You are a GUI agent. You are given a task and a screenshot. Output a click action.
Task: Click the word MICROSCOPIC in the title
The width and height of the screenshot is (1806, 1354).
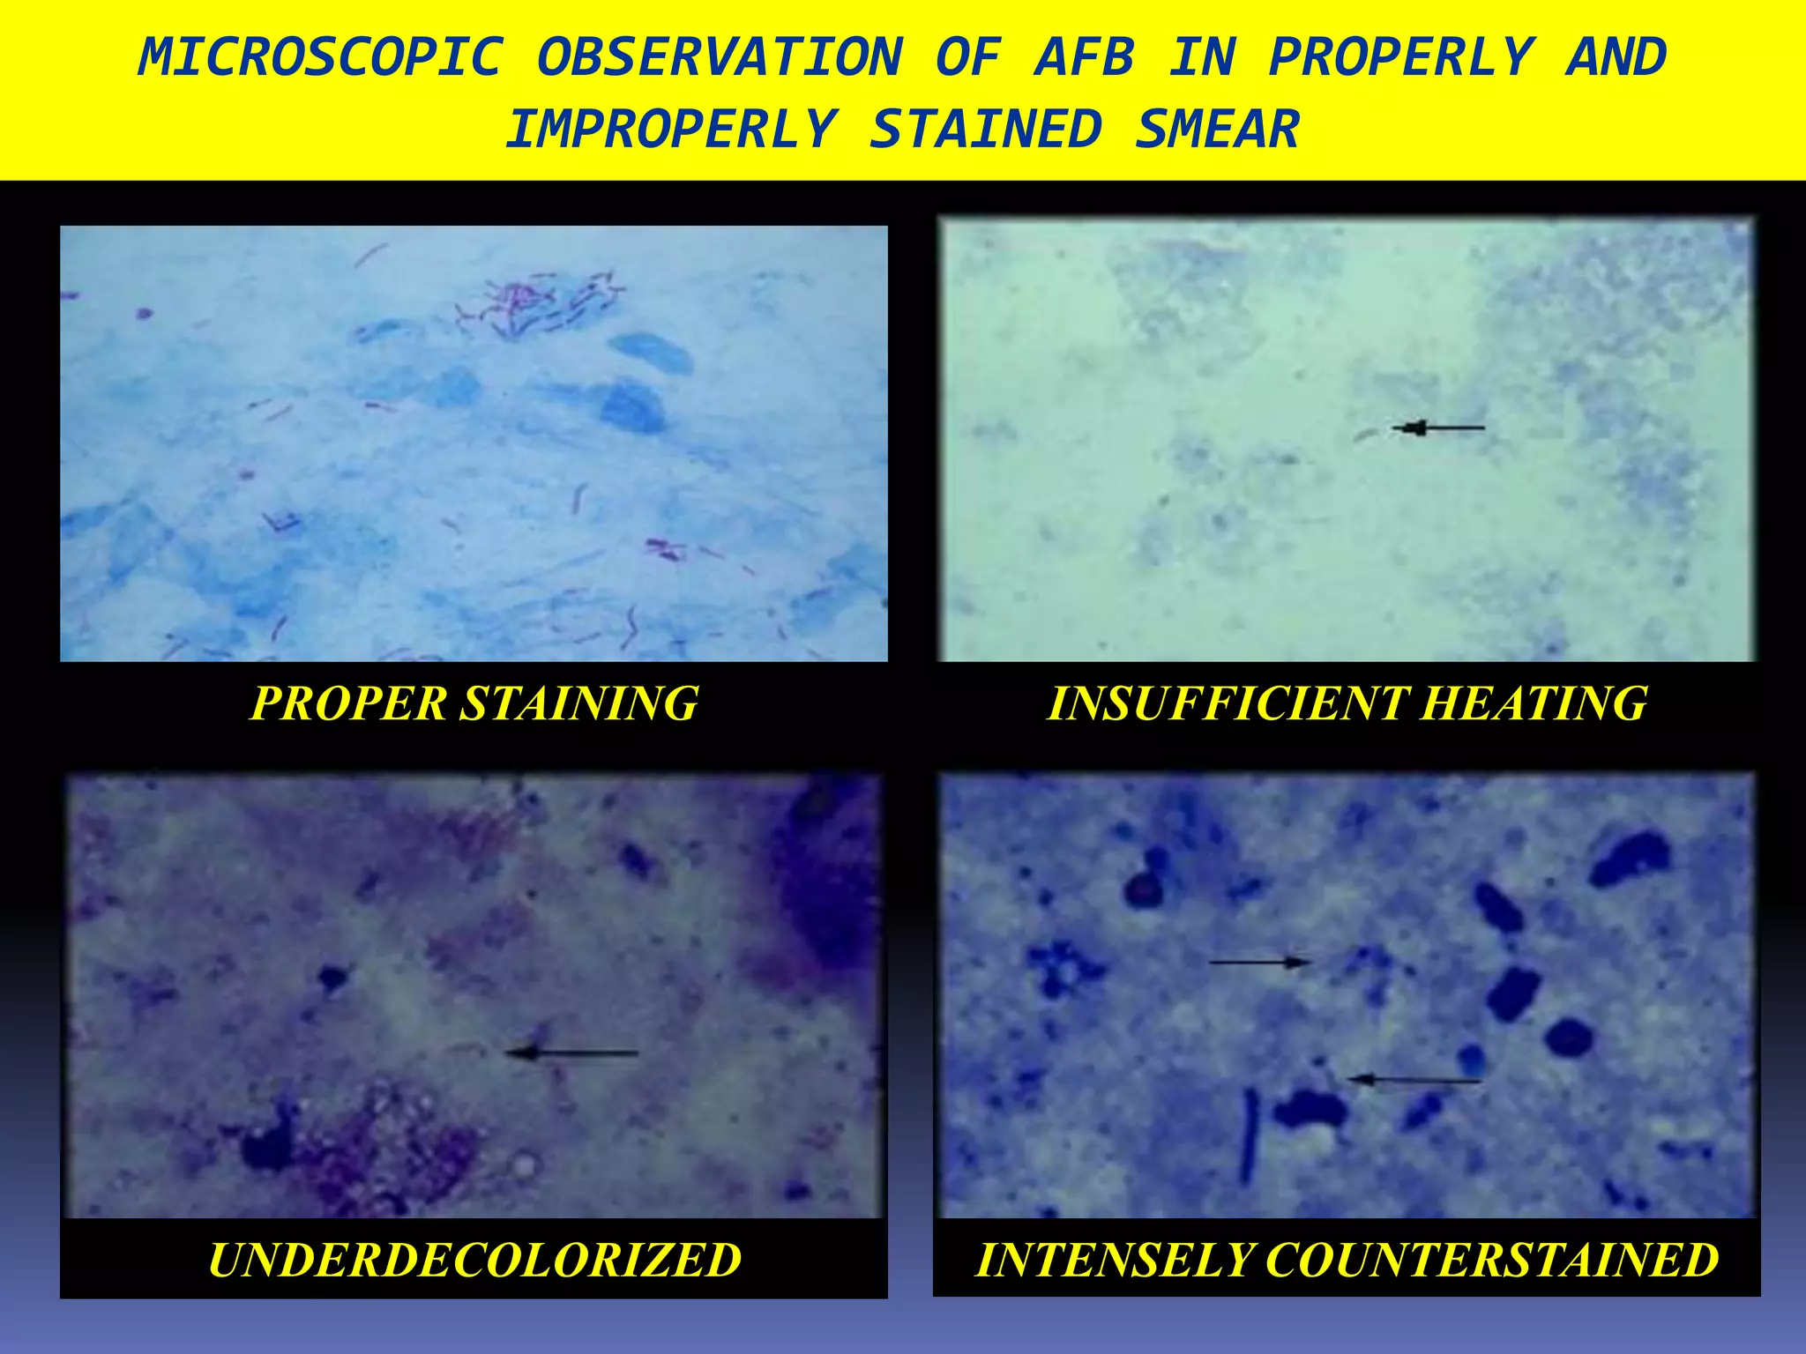[321, 58]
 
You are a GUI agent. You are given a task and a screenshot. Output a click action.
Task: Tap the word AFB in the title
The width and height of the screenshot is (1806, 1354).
[1085, 58]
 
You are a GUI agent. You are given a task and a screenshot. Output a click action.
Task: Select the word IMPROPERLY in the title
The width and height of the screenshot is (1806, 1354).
[670, 130]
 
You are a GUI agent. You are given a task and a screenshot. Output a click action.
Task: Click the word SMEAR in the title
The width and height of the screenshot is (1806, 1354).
[1217, 130]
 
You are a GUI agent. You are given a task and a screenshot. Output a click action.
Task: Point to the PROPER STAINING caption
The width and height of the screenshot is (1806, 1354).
[474, 703]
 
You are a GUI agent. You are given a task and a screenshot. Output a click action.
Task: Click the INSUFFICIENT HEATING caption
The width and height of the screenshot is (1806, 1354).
[1347, 703]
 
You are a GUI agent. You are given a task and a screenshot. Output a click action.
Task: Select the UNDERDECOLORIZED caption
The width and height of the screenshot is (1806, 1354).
[474, 1259]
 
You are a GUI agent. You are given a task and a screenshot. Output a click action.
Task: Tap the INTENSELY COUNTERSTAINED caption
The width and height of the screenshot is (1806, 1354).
[1347, 1259]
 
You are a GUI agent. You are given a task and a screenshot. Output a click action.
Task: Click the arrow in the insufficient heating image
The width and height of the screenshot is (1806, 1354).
[1439, 428]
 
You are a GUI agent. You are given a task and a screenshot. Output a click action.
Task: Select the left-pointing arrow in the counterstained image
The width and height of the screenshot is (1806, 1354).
[1414, 1079]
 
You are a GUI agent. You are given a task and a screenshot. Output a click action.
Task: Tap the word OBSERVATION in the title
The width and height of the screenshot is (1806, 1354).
[720, 58]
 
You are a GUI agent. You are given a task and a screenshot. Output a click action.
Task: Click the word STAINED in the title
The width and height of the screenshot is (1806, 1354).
[986, 130]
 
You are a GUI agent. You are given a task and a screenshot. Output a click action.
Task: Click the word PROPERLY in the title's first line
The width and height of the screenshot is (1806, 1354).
[1400, 58]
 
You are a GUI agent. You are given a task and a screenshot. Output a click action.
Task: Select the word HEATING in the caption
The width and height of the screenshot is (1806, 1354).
[1534, 703]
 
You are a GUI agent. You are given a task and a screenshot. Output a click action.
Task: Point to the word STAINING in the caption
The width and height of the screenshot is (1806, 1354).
[579, 703]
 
